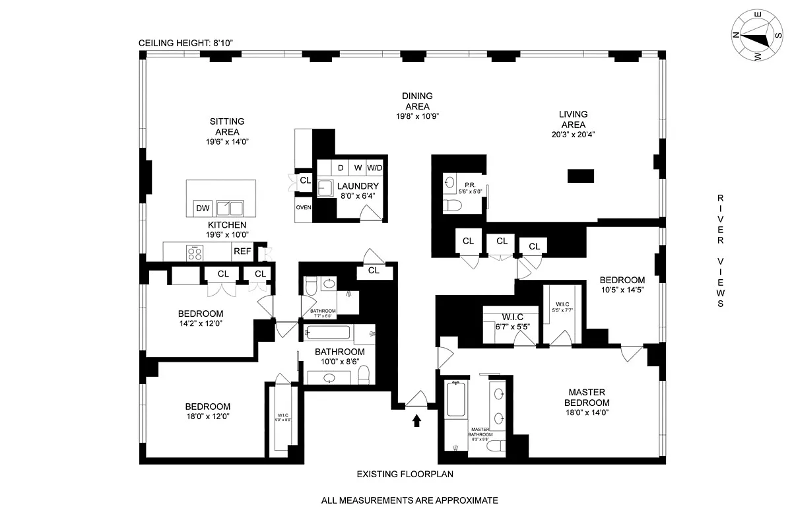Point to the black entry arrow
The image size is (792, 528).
pyautogui.click(x=416, y=420)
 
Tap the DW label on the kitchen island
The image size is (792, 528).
pyautogui.click(x=203, y=209)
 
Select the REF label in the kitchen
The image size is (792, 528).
pyautogui.click(x=242, y=251)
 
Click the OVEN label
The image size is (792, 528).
pyautogui.click(x=304, y=207)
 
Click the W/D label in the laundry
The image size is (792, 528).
pyautogui.click(x=375, y=168)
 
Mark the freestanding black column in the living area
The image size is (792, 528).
pyautogui.click(x=581, y=176)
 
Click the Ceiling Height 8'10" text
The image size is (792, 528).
pyautogui.click(x=186, y=44)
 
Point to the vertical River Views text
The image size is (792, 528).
pyautogui.click(x=721, y=251)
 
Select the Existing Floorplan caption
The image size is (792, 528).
pyautogui.click(x=405, y=474)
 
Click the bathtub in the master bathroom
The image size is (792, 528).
pyautogui.click(x=456, y=400)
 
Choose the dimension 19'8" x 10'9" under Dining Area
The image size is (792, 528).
pyautogui.click(x=416, y=115)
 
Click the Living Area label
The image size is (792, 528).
pyautogui.click(x=573, y=119)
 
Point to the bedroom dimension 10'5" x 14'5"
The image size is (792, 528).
pyautogui.click(x=622, y=289)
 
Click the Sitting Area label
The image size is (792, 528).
pyautogui.click(x=227, y=126)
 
